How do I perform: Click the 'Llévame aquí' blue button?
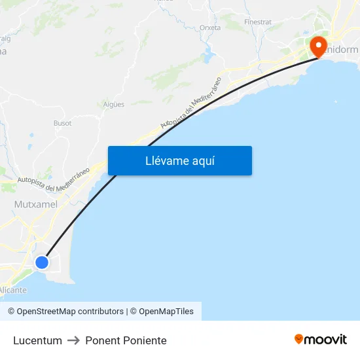pyautogui.click(x=180, y=161)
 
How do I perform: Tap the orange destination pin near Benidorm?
pyautogui.click(x=317, y=46)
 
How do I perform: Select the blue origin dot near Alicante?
pyautogui.click(x=42, y=262)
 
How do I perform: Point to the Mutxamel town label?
pyautogui.click(x=36, y=204)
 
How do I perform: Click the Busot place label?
pyautogui.click(x=62, y=122)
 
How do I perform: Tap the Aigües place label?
pyautogui.click(x=114, y=104)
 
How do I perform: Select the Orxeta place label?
pyautogui.click(x=210, y=27)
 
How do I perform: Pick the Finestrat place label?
pyautogui.click(x=257, y=22)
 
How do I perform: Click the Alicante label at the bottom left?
pyautogui.click(x=13, y=290)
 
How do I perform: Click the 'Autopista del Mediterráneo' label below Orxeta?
pyautogui.click(x=191, y=101)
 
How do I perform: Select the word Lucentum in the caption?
pyautogui.click(x=37, y=340)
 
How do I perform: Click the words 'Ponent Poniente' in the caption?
pyautogui.click(x=126, y=340)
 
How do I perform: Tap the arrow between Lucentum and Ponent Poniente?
pyautogui.click(x=73, y=340)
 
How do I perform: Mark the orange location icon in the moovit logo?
pyautogui.click(x=299, y=339)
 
